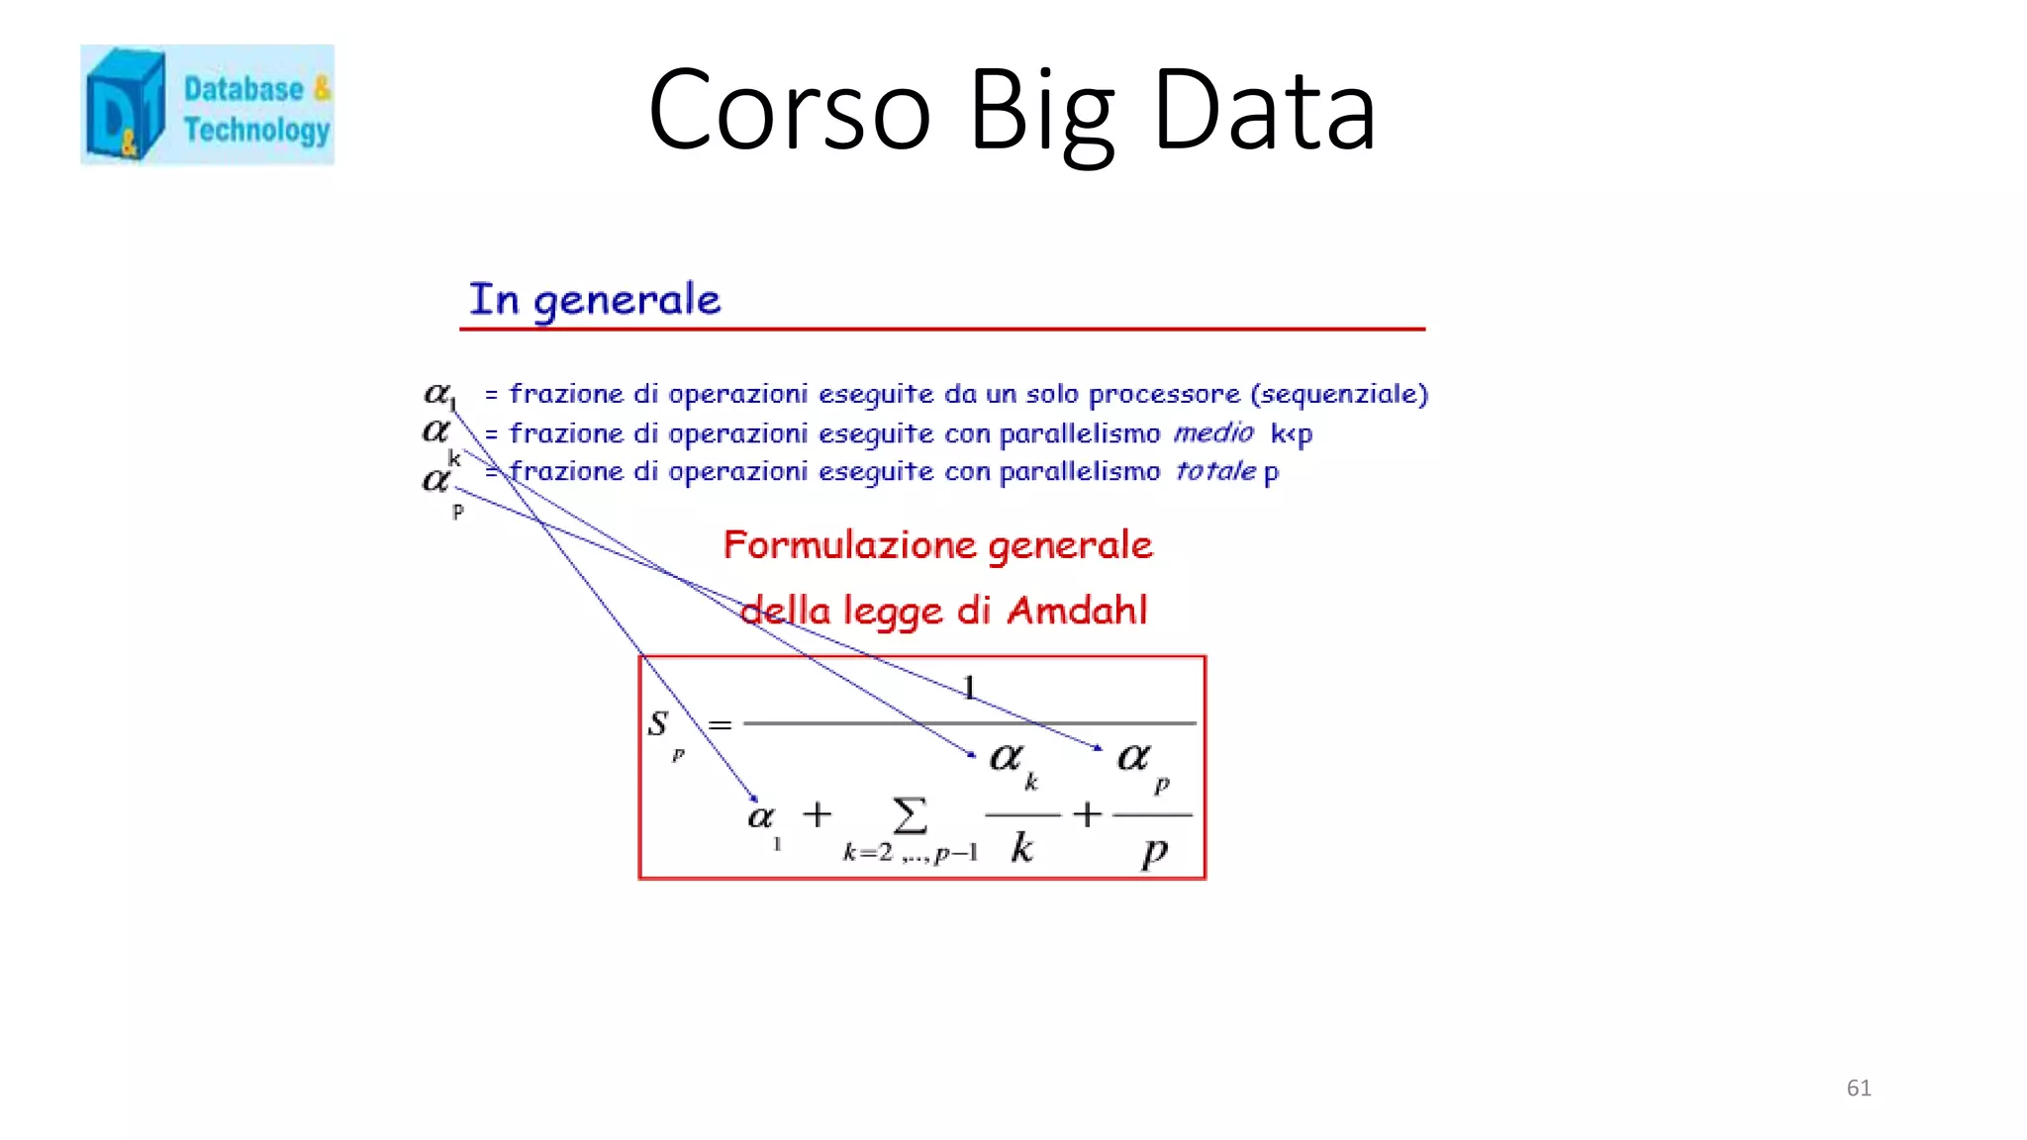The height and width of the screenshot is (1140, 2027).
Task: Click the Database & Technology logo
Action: (x=207, y=105)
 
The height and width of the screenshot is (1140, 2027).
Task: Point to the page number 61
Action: (x=1859, y=1088)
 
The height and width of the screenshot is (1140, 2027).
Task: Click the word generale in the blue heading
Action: (x=627, y=301)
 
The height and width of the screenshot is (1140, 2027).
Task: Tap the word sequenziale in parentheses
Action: (x=1339, y=394)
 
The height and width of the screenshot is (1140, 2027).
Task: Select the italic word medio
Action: (x=1213, y=432)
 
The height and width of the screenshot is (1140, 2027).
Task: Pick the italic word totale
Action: (x=1215, y=471)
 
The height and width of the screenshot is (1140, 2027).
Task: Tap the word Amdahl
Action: (x=1077, y=611)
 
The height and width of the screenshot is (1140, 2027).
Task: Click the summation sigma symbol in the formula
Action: (x=910, y=816)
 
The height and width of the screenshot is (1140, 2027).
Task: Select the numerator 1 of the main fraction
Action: (x=969, y=687)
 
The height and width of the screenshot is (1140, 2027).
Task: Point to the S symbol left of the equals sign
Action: (x=658, y=722)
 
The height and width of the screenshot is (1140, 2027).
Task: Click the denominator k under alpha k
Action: (x=1021, y=848)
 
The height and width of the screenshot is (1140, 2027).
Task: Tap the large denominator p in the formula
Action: (x=1154, y=851)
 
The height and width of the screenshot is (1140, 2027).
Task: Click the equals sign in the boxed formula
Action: (x=720, y=725)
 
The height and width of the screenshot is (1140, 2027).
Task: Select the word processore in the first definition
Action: (x=1164, y=394)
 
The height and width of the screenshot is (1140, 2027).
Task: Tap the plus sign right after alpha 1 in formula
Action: (x=817, y=814)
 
